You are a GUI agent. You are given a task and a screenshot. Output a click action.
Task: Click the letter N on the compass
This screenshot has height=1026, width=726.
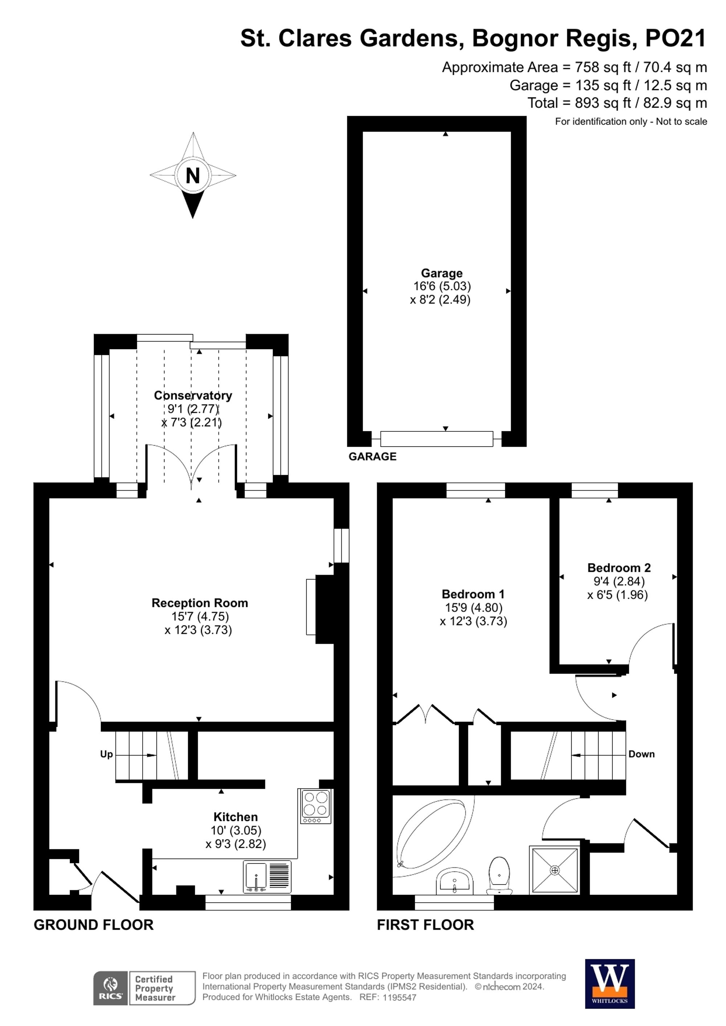point(193,176)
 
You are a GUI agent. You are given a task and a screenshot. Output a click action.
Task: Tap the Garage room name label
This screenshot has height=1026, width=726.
point(442,273)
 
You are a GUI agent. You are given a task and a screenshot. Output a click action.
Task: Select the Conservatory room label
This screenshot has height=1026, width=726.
point(193,395)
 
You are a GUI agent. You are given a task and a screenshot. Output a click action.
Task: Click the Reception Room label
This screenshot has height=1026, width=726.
point(199,603)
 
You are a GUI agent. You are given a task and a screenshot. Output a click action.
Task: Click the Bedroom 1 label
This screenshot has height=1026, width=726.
point(473,594)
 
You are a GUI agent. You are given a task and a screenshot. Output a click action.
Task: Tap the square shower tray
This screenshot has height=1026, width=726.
point(555,870)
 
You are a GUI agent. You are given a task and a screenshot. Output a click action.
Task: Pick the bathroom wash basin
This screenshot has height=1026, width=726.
point(454,880)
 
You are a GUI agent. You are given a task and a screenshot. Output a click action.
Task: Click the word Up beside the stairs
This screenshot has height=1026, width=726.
point(106,754)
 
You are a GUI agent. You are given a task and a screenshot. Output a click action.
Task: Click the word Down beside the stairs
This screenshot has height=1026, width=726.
point(641,754)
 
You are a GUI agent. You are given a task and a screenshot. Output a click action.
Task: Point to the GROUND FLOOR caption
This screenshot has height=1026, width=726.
point(93,925)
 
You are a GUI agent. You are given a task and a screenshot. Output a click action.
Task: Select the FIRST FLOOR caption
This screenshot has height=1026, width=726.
point(425,925)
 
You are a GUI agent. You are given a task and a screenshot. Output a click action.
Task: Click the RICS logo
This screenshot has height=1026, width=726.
point(110,989)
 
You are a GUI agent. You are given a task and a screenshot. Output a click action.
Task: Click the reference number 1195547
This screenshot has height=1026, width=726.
point(399,997)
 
